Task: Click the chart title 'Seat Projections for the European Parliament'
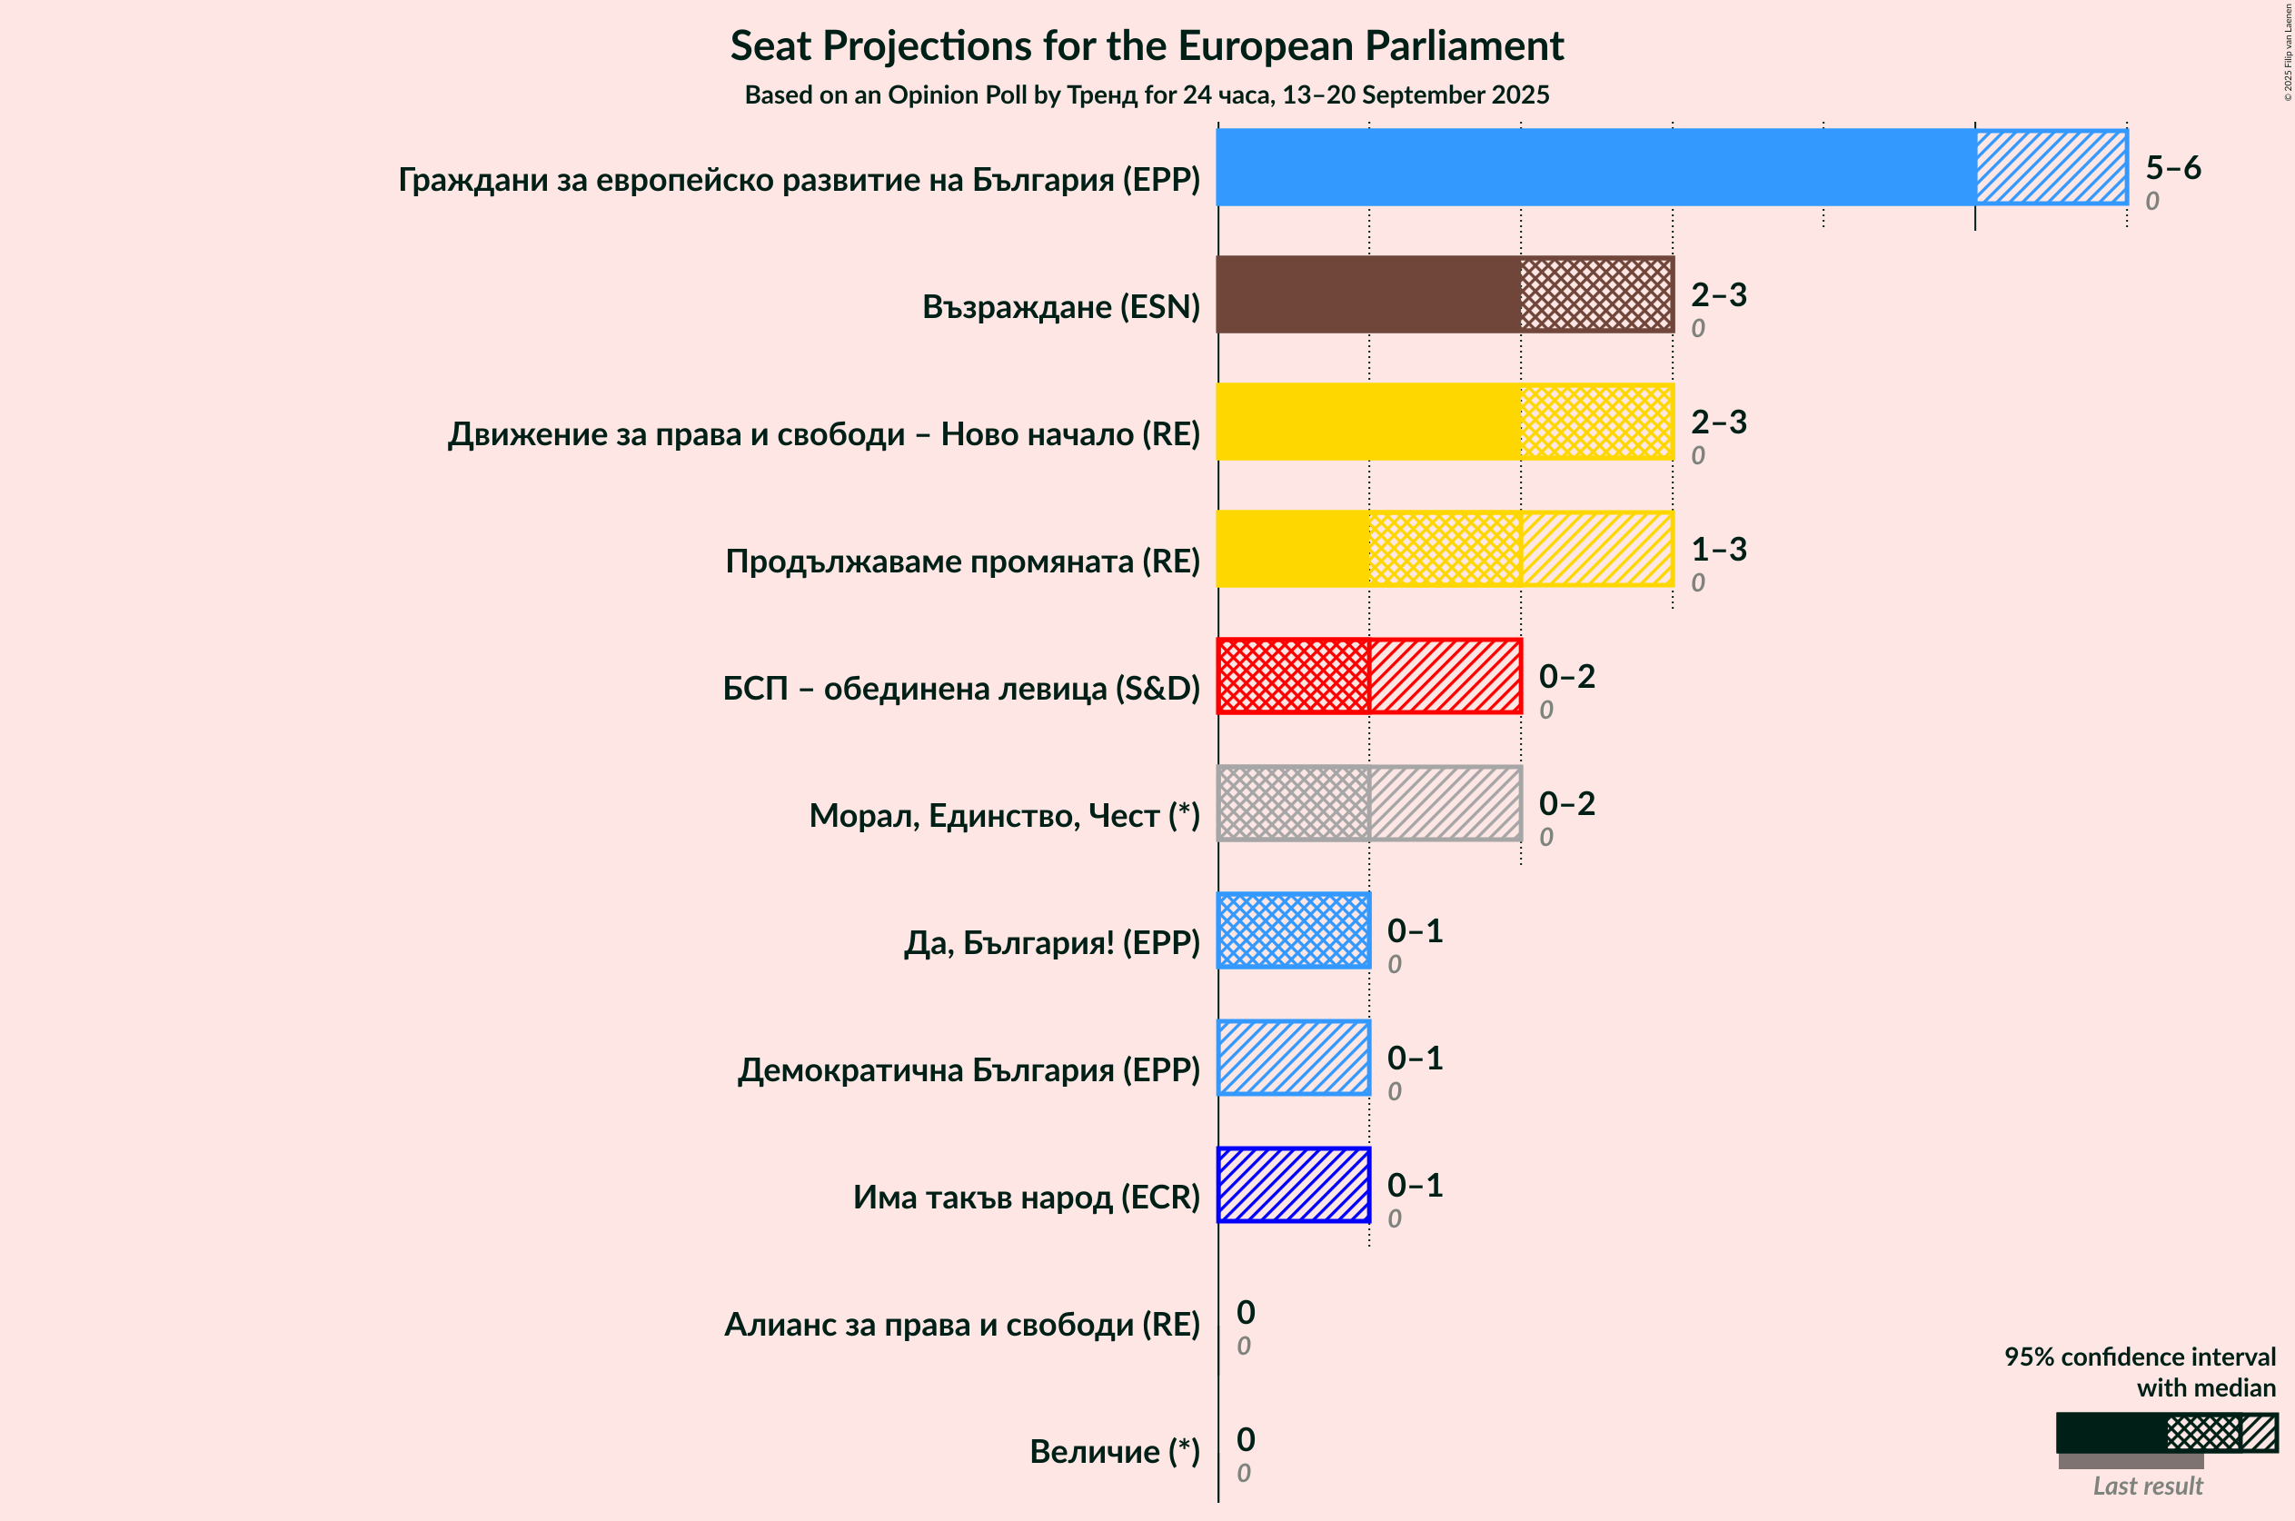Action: tap(1147, 45)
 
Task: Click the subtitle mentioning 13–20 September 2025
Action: tap(1147, 95)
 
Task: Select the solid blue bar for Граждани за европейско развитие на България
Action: tap(1595, 167)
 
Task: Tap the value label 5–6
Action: tap(2172, 168)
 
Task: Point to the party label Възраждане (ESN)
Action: tap(1060, 306)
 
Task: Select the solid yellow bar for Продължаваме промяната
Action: tap(1293, 549)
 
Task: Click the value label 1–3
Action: tap(1718, 549)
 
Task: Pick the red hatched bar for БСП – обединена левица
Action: tap(1368, 676)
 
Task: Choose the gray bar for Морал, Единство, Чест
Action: tap(1368, 803)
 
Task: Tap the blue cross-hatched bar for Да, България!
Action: tap(1293, 930)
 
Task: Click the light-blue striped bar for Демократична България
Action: tap(1293, 1058)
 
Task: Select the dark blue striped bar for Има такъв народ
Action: tap(1293, 1185)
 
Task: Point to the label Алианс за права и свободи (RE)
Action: tap(961, 1324)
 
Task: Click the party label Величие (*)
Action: tap(1114, 1451)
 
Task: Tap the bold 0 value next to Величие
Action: tap(1246, 1438)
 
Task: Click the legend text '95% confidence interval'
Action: tap(2139, 1357)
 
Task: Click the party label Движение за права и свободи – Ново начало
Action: tap(822, 433)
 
